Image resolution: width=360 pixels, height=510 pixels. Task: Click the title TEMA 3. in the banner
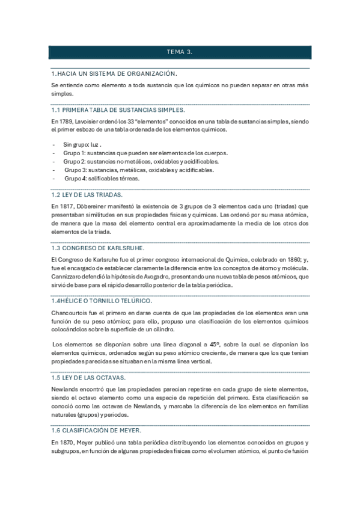pos(180,52)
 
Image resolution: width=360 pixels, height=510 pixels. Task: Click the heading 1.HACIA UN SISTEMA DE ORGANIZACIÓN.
pos(114,73)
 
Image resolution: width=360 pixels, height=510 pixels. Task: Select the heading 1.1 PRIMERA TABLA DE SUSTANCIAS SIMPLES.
pos(118,110)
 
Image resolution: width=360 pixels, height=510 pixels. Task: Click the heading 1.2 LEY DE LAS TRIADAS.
pos(87,195)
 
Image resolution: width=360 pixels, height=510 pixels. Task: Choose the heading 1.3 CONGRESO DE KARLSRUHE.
pos(99,248)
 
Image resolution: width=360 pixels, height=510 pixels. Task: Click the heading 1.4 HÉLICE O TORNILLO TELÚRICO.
pos(102,300)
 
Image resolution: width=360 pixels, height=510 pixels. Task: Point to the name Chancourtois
pos(75,313)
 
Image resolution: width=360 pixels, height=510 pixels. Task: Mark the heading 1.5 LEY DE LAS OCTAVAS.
pos(88,377)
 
